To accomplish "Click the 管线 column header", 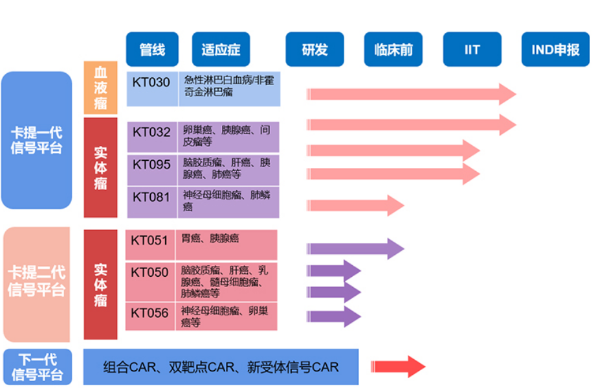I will pos(152,49).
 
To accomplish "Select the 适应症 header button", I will pos(221,49).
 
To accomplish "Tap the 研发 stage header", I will pos(315,49).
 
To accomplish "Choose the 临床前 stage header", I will pos(393,49).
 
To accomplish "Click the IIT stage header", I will pos(472,49).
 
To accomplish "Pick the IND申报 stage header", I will pos(555,49).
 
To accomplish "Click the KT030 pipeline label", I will pos(151,82).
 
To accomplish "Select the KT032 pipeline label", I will pos(151,132).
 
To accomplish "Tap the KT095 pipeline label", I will pos(151,165).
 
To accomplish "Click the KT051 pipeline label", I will pos(149,241).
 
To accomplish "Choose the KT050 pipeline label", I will pos(149,272).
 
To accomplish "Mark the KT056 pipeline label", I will pos(149,313).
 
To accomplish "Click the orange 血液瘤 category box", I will pos(100,88).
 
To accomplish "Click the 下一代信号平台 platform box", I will pos(37,367).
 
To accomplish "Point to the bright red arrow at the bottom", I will pos(397,366).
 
